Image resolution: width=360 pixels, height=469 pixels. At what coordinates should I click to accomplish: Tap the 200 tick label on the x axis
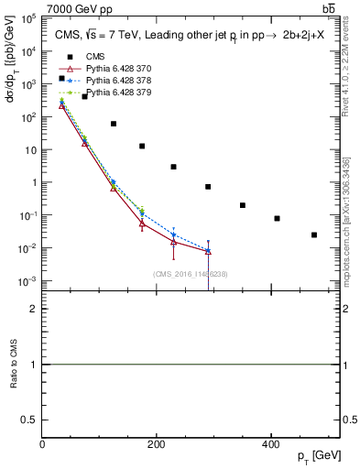click(157, 444)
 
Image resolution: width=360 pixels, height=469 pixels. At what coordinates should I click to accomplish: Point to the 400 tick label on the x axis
click(270, 444)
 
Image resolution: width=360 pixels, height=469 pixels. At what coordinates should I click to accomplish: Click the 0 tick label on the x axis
click(42, 444)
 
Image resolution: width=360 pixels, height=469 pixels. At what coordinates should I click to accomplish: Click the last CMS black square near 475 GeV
click(314, 234)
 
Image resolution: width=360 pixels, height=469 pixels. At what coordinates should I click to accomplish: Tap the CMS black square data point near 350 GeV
click(243, 205)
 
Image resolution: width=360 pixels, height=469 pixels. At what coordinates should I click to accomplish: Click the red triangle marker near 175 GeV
click(142, 223)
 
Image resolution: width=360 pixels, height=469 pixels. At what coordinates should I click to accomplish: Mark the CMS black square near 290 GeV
click(208, 187)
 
